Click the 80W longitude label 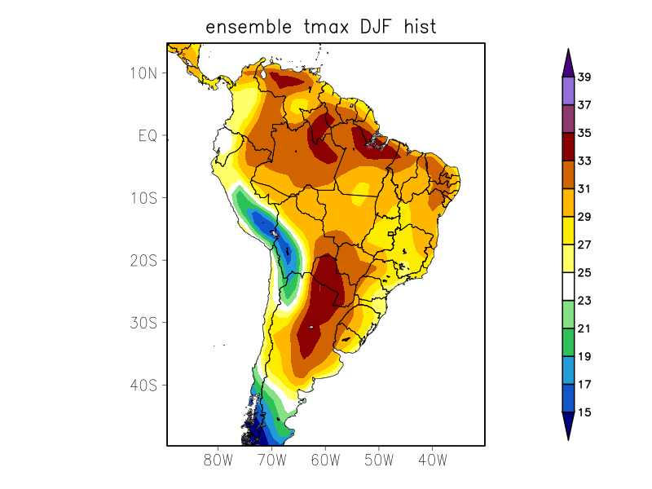point(218,460)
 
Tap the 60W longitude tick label point(325,460)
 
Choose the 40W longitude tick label point(432,460)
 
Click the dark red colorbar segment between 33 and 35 point(568,147)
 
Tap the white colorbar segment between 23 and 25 point(568,286)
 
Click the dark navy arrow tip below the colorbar point(568,425)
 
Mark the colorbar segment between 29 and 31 point(568,203)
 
